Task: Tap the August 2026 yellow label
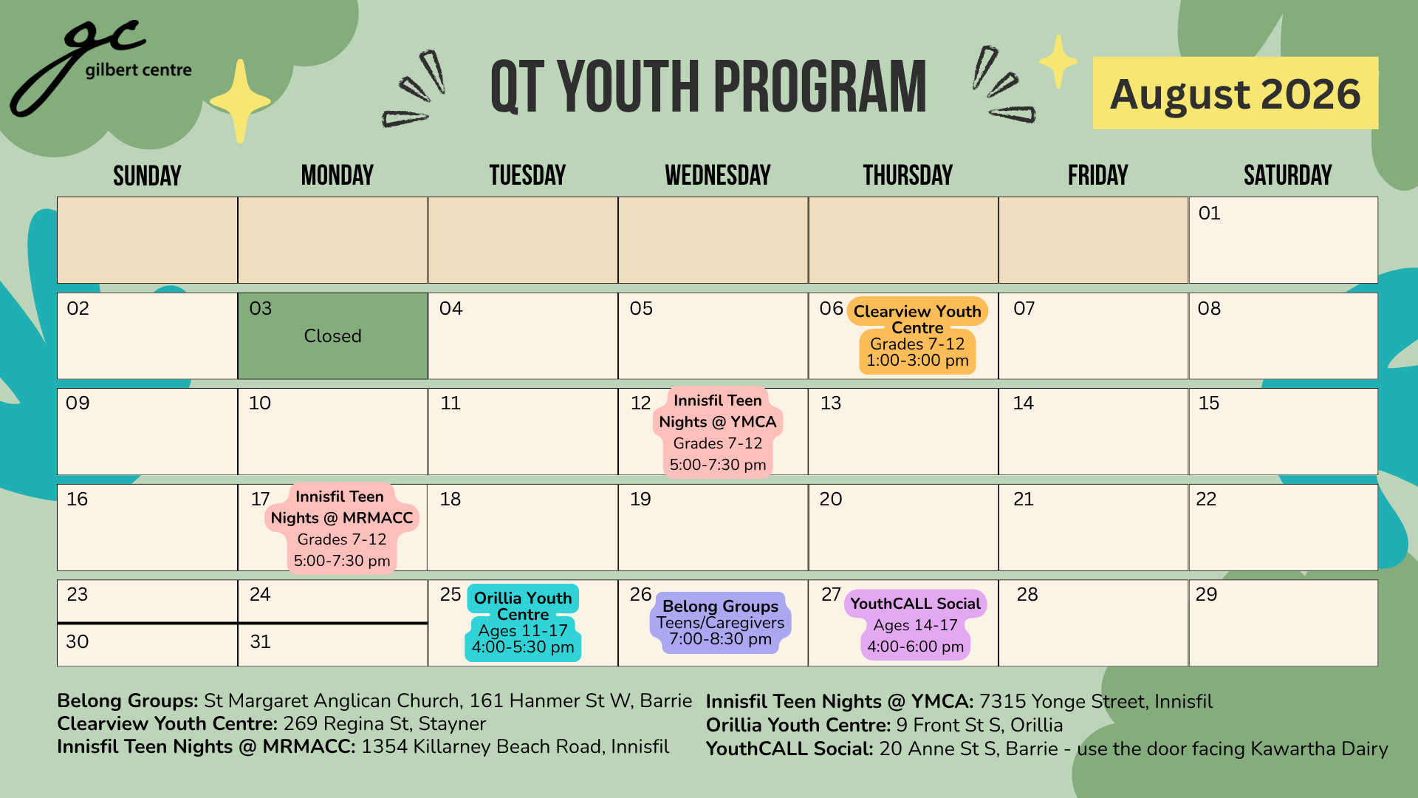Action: click(1236, 93)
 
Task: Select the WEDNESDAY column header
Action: click(718, 175)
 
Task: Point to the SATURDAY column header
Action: click(1287, 175)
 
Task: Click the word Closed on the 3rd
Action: click(332, 336)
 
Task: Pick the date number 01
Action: click(1209, 214)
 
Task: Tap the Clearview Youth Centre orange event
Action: click(917, 335)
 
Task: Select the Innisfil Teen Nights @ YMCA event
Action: click(718, 432)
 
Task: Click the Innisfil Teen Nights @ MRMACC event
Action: click(341, 528)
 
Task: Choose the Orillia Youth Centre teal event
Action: click(523, 622)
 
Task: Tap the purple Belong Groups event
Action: click(721, 622)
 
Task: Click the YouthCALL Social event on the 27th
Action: click(916, 624)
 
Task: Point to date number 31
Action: click(260, 641)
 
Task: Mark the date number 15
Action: click(1209, 403)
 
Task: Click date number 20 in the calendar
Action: click(831, 499)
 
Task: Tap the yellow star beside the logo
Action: click(240, 101)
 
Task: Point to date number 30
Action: click(78, 641)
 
